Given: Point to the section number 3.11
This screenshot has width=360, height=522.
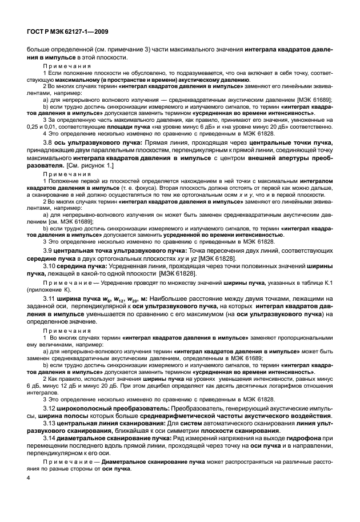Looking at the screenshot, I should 51,298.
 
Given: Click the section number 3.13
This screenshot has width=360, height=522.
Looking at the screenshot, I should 51,423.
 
